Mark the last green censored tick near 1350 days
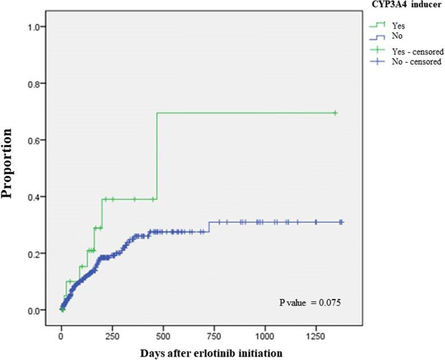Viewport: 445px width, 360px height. tap(335, 113)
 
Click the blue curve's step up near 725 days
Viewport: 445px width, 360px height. tap(209, 226)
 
